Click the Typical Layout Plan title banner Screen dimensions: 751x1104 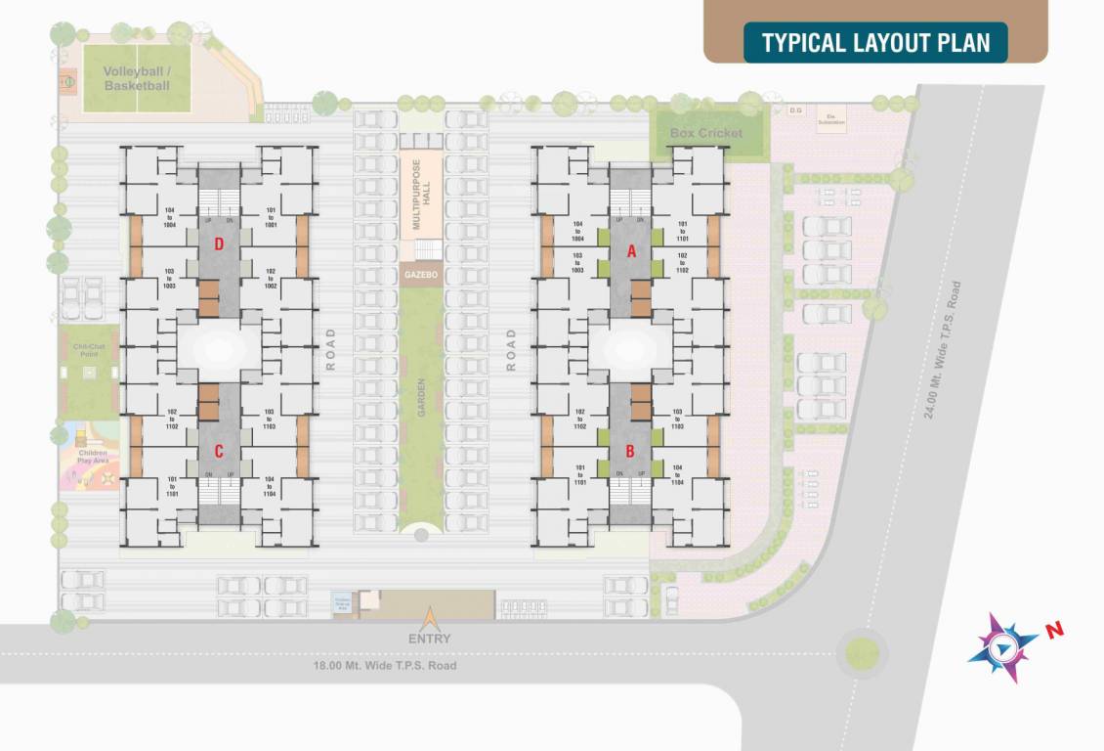[875, 43]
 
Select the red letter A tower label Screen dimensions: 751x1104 [631, 250]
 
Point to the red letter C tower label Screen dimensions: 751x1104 [219, 451]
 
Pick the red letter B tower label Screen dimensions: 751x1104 [631, 452]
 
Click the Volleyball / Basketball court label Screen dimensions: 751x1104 [137, 79]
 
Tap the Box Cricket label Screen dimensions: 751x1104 [706, 133]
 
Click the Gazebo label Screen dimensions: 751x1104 [421, 276]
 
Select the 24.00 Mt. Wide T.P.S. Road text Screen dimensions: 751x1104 [942, 349]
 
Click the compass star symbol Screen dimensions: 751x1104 [1002, 646]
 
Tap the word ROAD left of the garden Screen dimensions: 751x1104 [330, 349]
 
